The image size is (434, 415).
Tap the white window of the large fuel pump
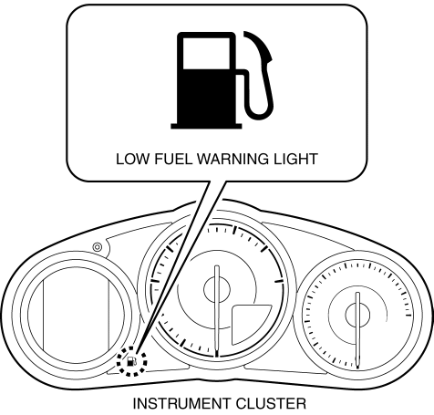[207, 53]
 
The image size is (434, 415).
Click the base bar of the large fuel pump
[206, 126]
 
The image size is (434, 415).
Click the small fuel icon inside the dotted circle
[131, 361]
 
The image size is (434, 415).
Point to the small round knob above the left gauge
[98, 247]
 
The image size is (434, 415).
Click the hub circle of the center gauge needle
[217, 289]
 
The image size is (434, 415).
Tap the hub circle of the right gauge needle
[357, 315]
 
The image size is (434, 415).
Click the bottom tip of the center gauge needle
[217, 357]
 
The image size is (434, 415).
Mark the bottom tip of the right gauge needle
[358, 368]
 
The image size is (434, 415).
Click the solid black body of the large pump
[207, 96]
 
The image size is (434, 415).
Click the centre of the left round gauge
[76, 316]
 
